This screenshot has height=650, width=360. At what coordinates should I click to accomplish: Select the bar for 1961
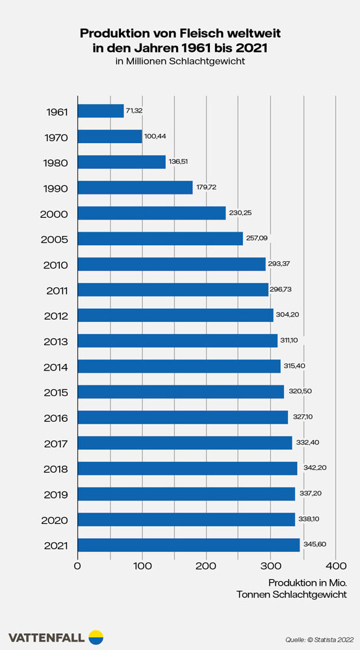click(x=100, y=111)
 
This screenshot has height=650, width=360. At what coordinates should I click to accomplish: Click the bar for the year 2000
click(x=151, y=213)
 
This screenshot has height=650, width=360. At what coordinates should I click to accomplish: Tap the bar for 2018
click(x=187, y=468)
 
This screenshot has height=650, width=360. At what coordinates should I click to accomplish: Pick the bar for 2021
click(x=188, y=545)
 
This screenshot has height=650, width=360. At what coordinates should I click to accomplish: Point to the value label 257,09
click(x=257, y=239)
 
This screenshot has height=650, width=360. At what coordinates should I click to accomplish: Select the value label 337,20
click(x=309, y=493)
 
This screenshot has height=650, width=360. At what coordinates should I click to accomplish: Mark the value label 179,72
click(x=207, y=188)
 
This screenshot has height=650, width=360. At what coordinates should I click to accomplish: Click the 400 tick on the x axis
click(x=335, y=565)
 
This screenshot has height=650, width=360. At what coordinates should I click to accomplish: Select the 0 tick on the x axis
click(x=78, y=565)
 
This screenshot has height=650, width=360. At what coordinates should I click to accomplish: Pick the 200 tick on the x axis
click(x=207, y=565)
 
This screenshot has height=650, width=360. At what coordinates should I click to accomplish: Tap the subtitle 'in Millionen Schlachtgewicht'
click(x=180, y=62)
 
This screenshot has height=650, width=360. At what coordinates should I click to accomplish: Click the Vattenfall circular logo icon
click(x=96, y=637)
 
